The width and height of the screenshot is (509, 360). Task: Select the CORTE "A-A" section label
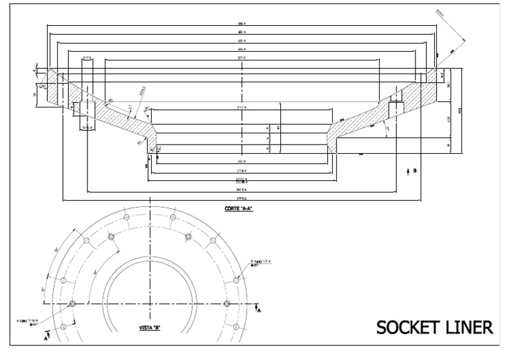tap(240, 209)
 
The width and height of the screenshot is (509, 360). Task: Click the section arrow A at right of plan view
tap(258, 308)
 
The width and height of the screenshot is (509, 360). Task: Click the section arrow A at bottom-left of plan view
tap(47, 337)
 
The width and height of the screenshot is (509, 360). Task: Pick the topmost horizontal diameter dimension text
tap(242, 24)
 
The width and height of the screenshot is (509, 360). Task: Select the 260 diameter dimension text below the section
tap(242, 161)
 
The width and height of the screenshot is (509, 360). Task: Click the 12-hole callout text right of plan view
tap(260, 263)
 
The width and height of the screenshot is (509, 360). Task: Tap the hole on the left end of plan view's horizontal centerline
tap(72, 304)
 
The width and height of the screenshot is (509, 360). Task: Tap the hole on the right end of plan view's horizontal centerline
tap(227, 304)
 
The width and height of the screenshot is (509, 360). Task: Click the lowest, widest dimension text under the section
tap(242, 197)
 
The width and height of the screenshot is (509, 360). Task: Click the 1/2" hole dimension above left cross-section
tap(87, 58)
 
